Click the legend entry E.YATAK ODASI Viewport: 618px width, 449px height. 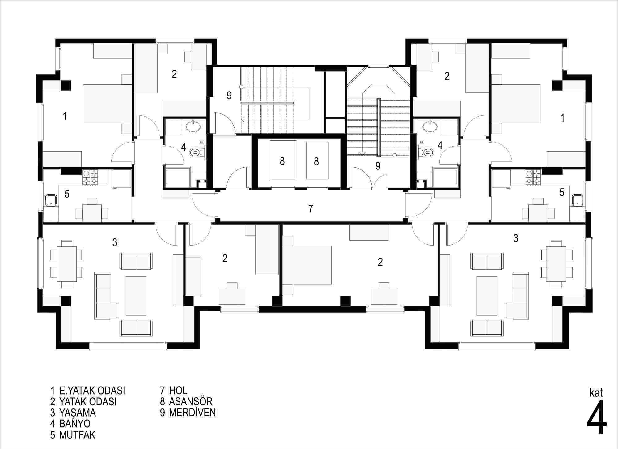pos(92,391)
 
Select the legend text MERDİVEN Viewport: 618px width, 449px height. pos(192,413)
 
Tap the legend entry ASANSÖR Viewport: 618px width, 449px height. pos(191,401)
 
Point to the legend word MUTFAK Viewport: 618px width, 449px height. pos(77,435)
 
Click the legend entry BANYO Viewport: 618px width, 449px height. pos(75,423)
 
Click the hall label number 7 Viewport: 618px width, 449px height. pos(311,209)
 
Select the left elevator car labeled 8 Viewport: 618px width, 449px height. pos(283,160)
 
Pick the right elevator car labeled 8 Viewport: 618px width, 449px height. pos(317,160)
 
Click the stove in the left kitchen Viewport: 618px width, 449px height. pos(90,177)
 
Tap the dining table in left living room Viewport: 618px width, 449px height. pos(67,264)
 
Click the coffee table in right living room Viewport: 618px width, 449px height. pos(487,296)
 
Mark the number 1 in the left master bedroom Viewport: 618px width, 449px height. pos(65,117)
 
